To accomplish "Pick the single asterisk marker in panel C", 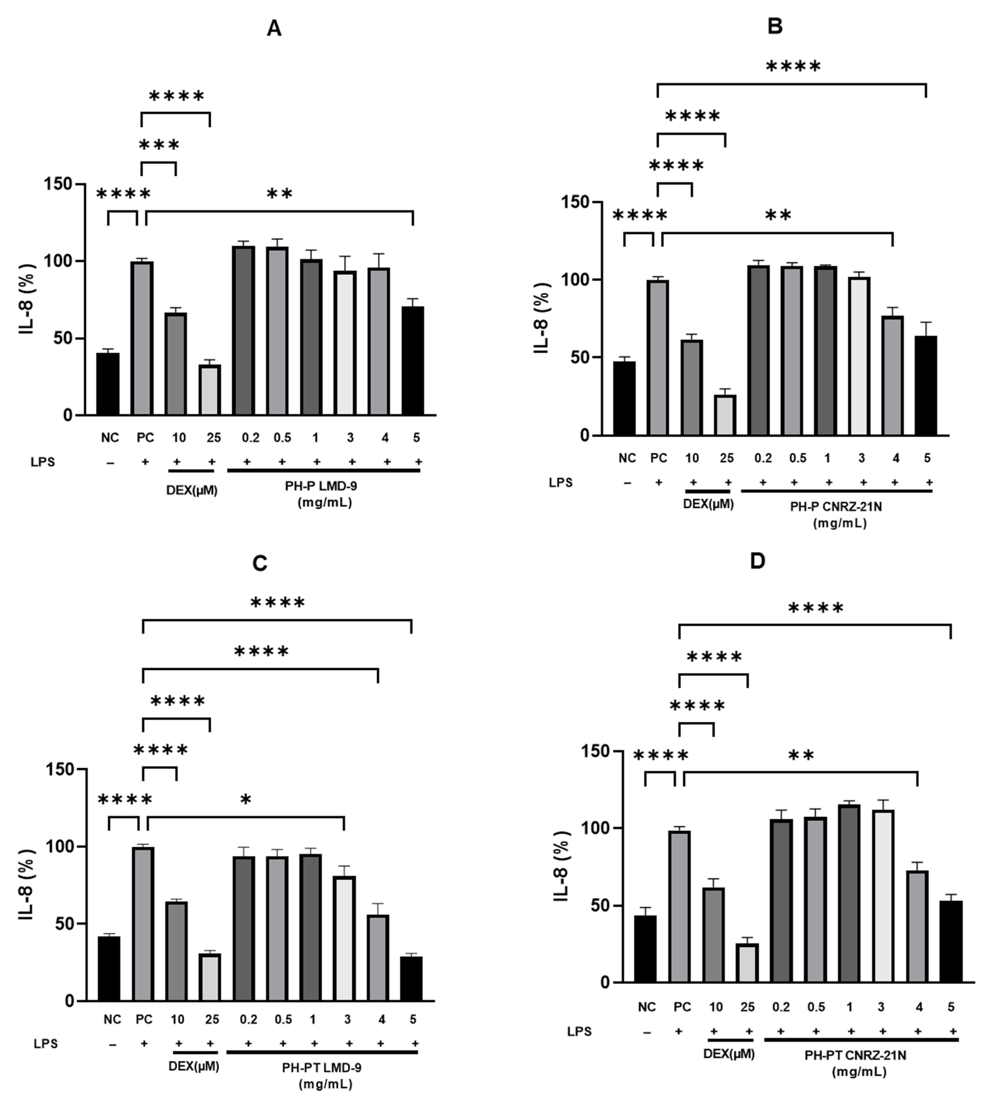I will [246, 800].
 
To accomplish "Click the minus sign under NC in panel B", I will [627, 483].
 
